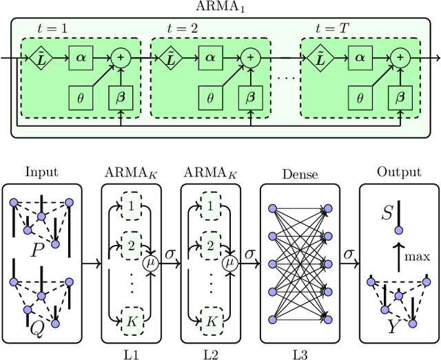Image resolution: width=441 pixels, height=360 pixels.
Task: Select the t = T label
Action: pyautogui.click(x=329, y=29)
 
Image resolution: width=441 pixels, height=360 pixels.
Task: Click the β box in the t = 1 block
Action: pyautogui.click(x=121, y=98)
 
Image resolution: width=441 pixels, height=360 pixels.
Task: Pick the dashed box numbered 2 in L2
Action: pyautogui.click(x=205, y=243)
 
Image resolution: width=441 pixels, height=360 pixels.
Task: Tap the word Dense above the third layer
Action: pyautogui.click(x=300, y=175)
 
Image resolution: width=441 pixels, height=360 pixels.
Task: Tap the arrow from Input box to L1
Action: pyautogui.click(x=90, y=263)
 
